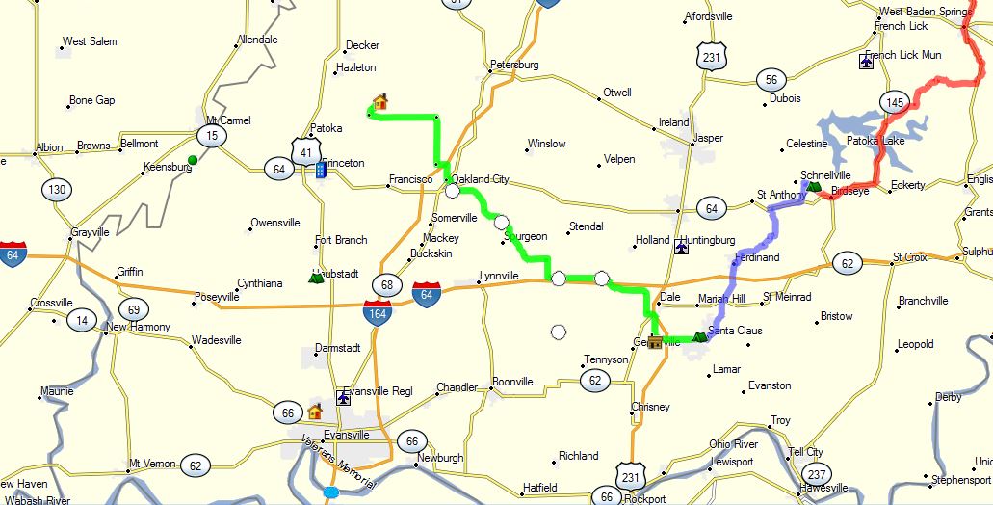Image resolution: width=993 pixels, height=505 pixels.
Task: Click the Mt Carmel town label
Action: (x=228, y=120)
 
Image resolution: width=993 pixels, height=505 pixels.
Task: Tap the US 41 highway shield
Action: (x=304, y=150)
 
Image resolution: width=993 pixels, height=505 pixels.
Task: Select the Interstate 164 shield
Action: (x=377, y=310)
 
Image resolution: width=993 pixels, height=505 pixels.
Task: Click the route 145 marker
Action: (x=895, y=101)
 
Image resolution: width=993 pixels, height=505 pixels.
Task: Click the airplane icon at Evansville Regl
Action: (x=343, y=396)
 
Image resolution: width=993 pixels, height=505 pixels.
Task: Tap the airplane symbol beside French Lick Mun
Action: (x=866, y=62)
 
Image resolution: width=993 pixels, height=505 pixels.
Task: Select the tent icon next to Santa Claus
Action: (x=700, y=337)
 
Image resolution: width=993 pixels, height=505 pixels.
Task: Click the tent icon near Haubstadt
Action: (x=315, y=278)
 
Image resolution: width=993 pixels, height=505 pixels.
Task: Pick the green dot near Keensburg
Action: (x=193, y=159)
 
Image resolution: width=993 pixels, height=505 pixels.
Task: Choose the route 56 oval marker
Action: (x=770, y=80)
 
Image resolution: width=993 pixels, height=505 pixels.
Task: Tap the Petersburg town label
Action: (x=513, y=65)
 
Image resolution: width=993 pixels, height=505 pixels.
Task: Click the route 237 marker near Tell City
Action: (x=818, y=473)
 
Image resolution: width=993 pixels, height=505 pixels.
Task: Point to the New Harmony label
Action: (x=138, y=327)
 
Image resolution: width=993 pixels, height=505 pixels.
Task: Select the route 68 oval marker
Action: (x=387, y=284)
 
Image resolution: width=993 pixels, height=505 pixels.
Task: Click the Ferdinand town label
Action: (x=756, y=257)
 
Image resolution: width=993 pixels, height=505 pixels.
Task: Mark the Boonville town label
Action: (x=512, y=382)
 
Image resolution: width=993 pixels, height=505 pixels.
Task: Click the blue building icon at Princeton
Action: (x=321, y=170)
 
